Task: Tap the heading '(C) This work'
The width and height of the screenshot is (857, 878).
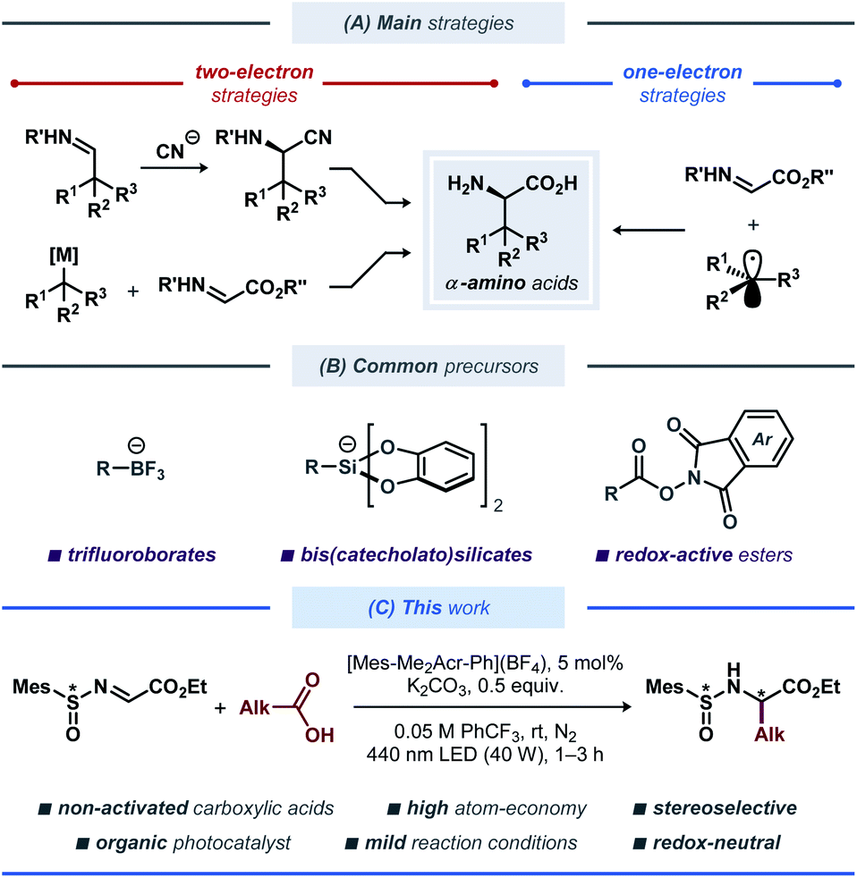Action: [428, 608]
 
